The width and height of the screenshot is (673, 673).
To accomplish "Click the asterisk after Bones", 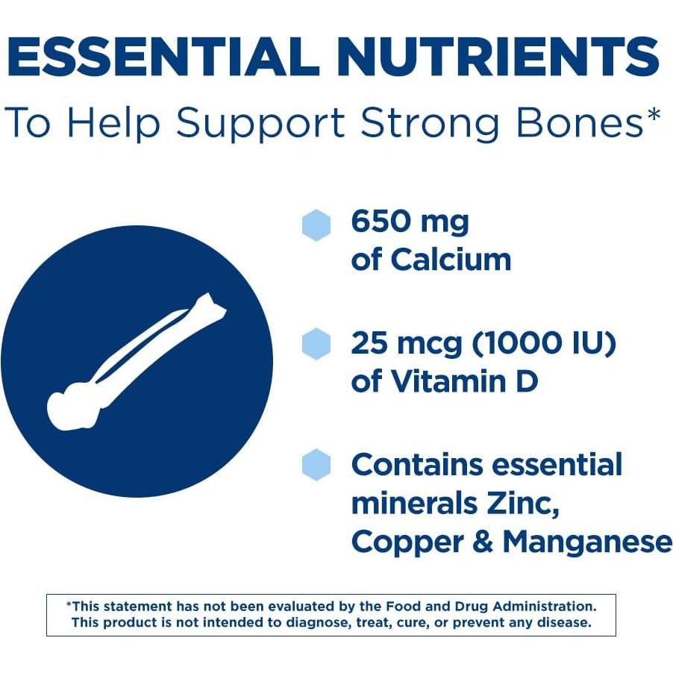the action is coord(652,115).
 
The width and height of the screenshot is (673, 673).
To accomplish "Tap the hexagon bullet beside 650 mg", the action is coord(316,225).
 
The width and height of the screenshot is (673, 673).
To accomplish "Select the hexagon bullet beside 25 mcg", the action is coord(316,344).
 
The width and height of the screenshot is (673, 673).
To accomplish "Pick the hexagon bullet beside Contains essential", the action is coord(316,464).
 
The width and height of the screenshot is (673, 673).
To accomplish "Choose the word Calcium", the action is coord(451,260).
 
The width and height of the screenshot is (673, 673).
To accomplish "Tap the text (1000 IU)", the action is coord(544,343).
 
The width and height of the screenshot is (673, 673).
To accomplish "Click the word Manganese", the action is coord(587,542).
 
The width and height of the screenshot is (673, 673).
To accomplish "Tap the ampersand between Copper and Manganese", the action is coord(483,542).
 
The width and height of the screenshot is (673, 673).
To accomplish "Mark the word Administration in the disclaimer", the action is coord(544,607).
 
